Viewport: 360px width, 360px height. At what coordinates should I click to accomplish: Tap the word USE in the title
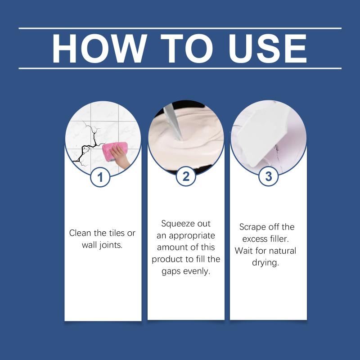[268, 49]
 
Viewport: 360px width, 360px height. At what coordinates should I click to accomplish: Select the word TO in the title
[187, 49]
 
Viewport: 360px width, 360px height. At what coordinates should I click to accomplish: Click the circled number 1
[100, 177]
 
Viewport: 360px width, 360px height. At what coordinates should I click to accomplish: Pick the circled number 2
[186, 176]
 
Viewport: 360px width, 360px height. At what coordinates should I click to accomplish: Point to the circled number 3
[268, 176]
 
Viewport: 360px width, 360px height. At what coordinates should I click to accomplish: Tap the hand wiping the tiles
[120, 157]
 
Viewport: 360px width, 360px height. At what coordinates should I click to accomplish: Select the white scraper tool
[264, 135]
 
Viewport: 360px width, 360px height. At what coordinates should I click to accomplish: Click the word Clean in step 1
[80, 233]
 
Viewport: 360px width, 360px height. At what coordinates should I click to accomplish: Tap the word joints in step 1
[111, 245]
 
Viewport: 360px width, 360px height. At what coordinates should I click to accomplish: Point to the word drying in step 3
[265, 263]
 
